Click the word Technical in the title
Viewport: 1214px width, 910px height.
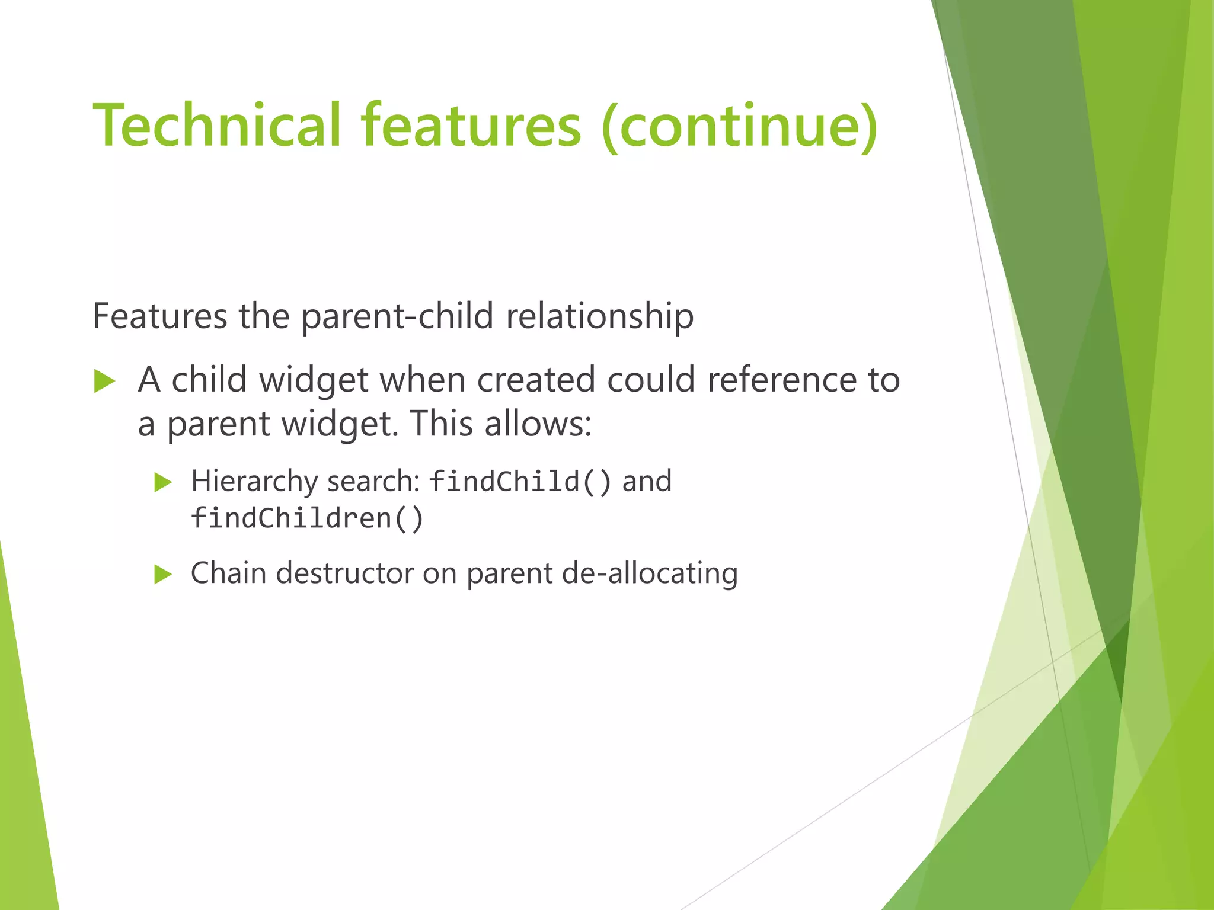point(217,126)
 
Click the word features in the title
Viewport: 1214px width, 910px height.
point(471,126)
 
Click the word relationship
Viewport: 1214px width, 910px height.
point(599,316)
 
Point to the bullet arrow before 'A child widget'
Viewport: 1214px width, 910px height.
point(104,381)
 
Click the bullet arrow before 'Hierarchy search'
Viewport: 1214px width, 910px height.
point(162,482)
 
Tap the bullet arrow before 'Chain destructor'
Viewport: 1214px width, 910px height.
point(162,574)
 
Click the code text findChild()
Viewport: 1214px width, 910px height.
point(519,481)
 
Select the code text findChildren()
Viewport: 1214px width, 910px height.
point(307,518)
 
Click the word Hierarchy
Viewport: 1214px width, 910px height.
point(254,481)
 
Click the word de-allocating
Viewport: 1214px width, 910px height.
point(649,573)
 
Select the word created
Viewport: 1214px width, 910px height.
point(536,380)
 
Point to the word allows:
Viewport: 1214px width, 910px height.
point(538,424)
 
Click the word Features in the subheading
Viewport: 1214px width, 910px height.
point(159,316)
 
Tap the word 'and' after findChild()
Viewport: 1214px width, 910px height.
point(647,481)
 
